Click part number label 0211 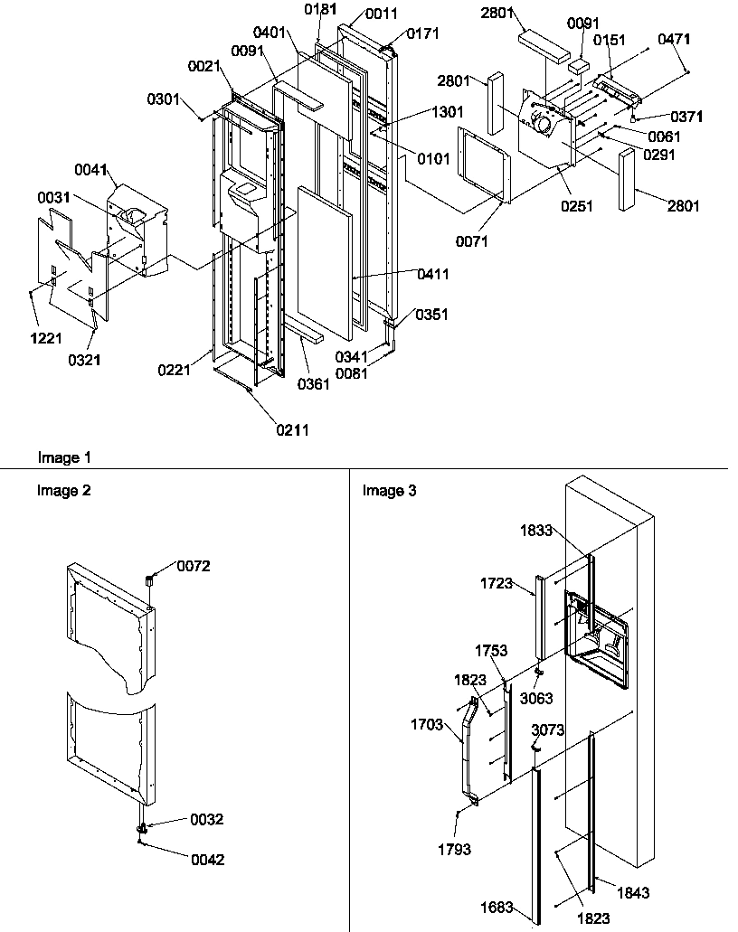pyautogui.click(x=293, y=430)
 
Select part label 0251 pyautogui.click(x=577, y=206)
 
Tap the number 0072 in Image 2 pyautogui.click(x=194, y=566)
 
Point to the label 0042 pyautogui.click(x=207, y=860)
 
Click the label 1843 pyautogui.click(x=633, y=892)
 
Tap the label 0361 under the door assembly pyautogui.click(x=315, y=383)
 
